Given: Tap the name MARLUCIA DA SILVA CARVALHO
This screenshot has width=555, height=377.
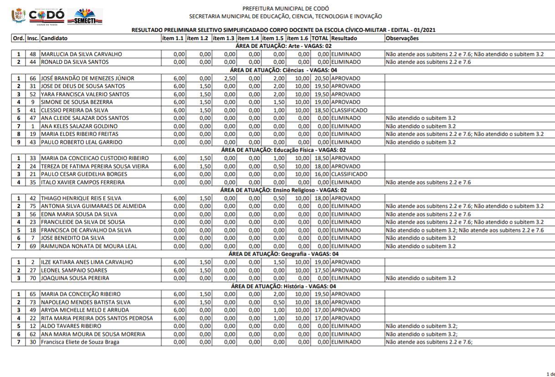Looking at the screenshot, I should tap(82, 54).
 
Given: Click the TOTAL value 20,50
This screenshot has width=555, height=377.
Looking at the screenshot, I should tap(322, 78).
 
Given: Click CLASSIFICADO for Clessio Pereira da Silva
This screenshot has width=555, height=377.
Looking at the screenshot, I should tap(349, 110).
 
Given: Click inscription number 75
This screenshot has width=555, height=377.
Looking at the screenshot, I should tap(32, 206).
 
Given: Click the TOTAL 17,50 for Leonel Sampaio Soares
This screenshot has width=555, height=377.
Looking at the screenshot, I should tap(322, 270).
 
